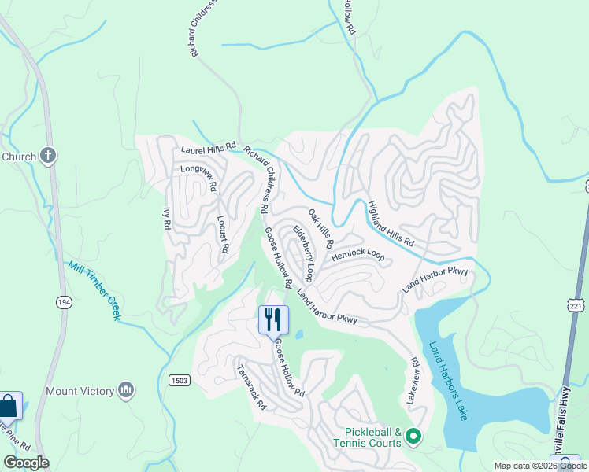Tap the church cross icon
(48, 156)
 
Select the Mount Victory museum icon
(126, 390)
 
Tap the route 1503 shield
(179, 381)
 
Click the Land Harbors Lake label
(448, 381)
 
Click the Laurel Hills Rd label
(209, 147)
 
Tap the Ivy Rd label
(166, 217)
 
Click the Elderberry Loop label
(304, 253)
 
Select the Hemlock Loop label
(357, 256)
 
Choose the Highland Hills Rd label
(391, 224)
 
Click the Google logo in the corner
(26, 463)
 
